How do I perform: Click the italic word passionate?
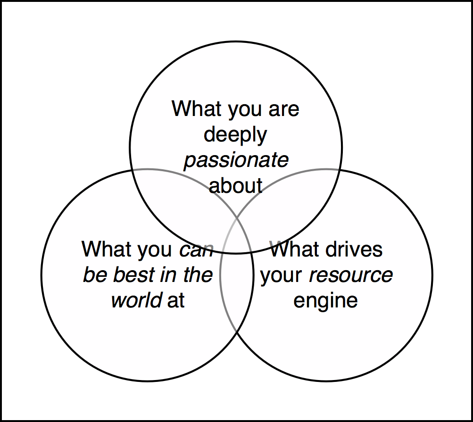(236, 160)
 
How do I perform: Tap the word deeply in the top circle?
(235, 135)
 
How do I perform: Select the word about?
(235, 186)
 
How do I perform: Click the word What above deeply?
(197, 109)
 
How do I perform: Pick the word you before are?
(246, 110)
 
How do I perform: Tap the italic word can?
(196, 249)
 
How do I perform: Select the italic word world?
(137, 300)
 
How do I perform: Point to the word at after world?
(176, 301)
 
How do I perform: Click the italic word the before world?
(198, 275)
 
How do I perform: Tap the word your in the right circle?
(282, 275)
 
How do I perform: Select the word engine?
(325, 300)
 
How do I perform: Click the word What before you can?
(107, 249)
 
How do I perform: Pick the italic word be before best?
(94, 275)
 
